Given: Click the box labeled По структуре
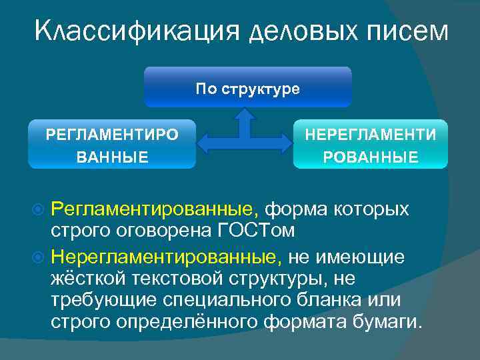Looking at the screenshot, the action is (247, 87).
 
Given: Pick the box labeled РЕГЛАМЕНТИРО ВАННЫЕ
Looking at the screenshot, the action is (112, 144).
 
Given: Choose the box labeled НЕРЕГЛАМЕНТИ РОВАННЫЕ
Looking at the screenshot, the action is (371, 144).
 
